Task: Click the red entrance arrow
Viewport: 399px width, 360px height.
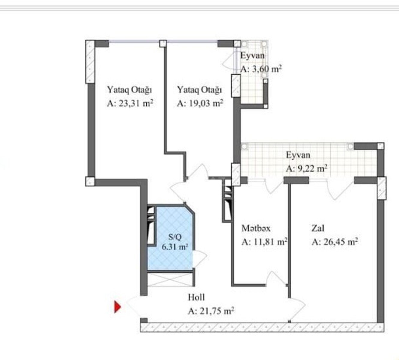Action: [x=117, y=307]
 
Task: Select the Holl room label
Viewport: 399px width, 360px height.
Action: [x=196, y=298]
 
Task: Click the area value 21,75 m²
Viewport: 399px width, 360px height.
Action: [x=216, y=311]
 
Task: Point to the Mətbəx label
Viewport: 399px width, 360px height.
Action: [x=256, y=228]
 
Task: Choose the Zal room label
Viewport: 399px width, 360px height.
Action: [x=318, y=228]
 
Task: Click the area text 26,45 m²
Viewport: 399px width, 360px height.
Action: [x=341, y=242]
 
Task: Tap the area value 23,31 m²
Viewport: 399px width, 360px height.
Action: [x=136, y=103]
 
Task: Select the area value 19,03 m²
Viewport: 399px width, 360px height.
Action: [x=206, y=103]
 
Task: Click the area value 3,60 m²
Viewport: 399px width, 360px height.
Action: [x=267, y=69]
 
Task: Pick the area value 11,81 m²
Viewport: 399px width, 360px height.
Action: [x=270, y=242]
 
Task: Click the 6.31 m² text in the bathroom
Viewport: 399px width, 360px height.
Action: [x=175, y=247]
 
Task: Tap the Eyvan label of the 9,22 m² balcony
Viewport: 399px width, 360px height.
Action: [x=298, y=155]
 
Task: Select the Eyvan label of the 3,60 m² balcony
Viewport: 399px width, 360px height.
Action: [x=252, y=55]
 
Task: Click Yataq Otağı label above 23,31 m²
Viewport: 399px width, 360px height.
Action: [x=130, y=90]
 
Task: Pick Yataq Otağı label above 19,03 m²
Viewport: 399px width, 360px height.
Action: [x=200, y=90]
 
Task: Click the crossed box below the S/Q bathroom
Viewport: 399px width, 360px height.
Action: [x=170, y=280]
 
